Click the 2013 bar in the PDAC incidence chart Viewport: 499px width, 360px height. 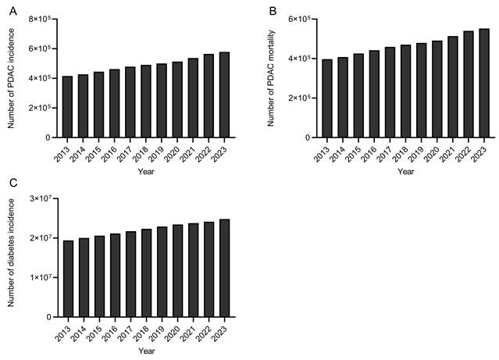tap(67, 107)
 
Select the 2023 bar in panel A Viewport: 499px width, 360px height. tap(224, 94)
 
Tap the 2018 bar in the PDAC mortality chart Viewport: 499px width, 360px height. tap(405, 91)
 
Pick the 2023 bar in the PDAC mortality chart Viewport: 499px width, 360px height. tap(484, 83)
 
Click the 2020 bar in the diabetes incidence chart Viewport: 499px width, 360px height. tap(178, 271)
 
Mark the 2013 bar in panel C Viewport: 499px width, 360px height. tap(68, 279)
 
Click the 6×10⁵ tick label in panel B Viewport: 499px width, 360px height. tap(300, 19)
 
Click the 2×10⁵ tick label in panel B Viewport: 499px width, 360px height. tap(300, 98)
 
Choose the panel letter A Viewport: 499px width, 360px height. tap(13, 12)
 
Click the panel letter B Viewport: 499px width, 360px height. tap(273, 12)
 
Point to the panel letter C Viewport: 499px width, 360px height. tap(13, 184)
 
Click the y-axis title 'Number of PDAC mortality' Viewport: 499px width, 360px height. tap(271, 78)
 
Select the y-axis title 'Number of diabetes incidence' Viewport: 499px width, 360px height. tap(11, 253)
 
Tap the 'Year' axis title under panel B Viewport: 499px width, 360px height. tap(406, 172)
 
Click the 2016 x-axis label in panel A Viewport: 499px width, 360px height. tap(109, 154)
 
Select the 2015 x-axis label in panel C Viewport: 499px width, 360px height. tap(94, 333)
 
